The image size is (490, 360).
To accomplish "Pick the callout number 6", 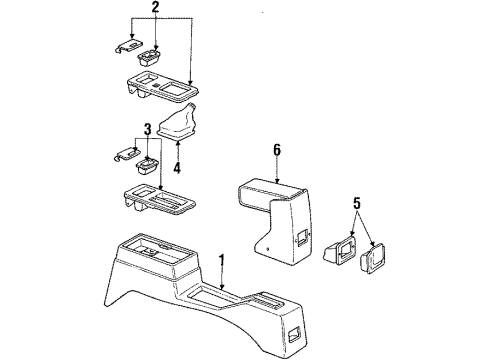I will [x=277, y=150].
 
